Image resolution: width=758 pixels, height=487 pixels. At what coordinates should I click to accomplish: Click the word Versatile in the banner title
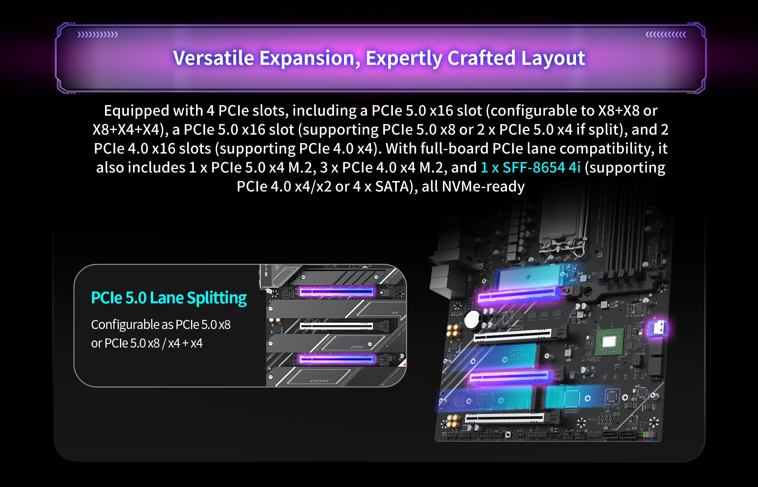pyautogui.click(x=213, y=58)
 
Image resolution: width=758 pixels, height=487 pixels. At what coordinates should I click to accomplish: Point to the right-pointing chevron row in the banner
pyautogui.click(x=98, y=35)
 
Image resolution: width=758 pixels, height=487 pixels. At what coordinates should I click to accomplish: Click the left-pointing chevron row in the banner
pyautogui.click(x=666, y=35)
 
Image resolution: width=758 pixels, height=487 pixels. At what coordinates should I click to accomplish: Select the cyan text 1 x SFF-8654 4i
pyautogui.click(x=530, y=167)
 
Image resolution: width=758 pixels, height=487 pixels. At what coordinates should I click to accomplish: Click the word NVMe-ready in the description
pyautogui.click(x=483, y=186)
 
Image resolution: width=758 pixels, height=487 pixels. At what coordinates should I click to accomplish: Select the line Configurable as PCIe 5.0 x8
pyautogui.click(x=161, y=325)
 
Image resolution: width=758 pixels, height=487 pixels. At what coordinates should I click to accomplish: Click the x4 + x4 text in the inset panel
pyautogui.click(x=185, y=343)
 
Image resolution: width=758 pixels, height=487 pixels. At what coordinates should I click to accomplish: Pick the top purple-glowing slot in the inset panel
pyautogui.click(x=336, y=292)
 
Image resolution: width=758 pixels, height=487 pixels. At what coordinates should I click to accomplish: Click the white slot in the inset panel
pyautogui.click(x=336, y=326)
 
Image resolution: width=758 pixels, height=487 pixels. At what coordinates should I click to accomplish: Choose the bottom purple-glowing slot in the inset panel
pyautogui.click(x=336, y=359)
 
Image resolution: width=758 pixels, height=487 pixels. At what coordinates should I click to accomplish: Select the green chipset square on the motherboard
pyautogui.click(x=609, y=342)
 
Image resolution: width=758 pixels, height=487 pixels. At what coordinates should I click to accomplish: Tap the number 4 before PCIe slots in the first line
pyautogui.click(x=210, y=111)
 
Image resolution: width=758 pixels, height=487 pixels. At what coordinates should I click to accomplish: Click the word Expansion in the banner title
pyautogui.click(x=310, y=58)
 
